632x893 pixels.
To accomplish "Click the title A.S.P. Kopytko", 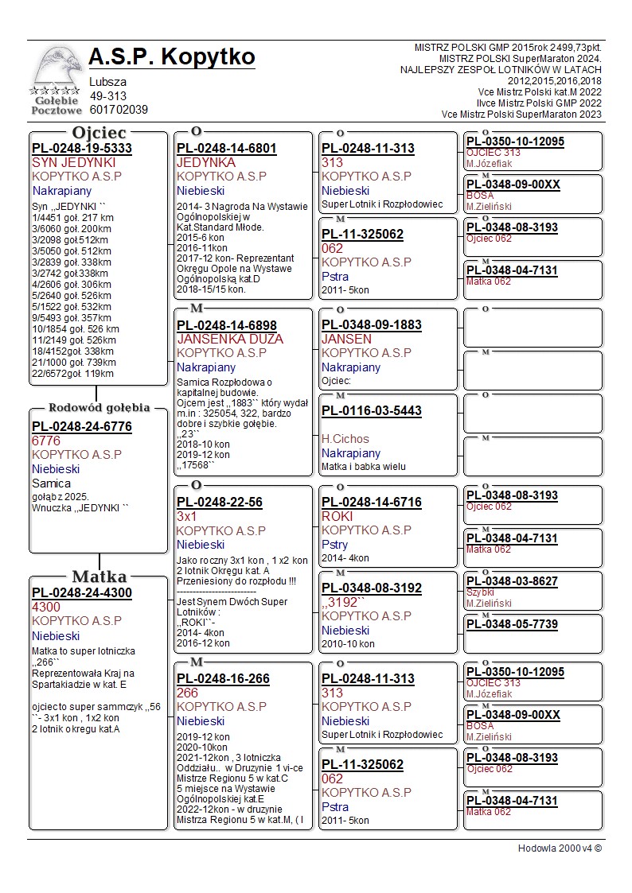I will (172, 57).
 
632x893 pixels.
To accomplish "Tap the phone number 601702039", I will (119, 110).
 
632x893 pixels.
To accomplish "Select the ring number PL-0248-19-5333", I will (82, 148).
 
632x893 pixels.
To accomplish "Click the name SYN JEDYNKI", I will (74, 162).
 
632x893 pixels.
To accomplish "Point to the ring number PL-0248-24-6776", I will (82, 426).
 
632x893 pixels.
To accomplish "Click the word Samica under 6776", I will (51, 483).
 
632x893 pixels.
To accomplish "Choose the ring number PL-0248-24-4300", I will (82, 592).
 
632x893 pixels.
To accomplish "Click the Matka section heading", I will (99, 577).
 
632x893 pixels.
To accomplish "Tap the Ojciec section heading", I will (99, 133).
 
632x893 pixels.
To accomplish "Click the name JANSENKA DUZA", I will (230, 339).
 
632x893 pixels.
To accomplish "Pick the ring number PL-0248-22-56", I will (220, 503).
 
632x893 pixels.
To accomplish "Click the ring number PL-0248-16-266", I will (223, 679).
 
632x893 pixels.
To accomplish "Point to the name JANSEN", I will (346, 339).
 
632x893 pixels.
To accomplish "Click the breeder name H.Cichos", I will (345, 438).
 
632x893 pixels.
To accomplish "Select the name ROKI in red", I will (337, 516).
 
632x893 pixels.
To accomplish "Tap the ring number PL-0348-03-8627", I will (512, 581).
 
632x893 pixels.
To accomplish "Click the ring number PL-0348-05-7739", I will (512, 624).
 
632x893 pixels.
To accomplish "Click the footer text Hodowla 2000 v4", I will (560, 848).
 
